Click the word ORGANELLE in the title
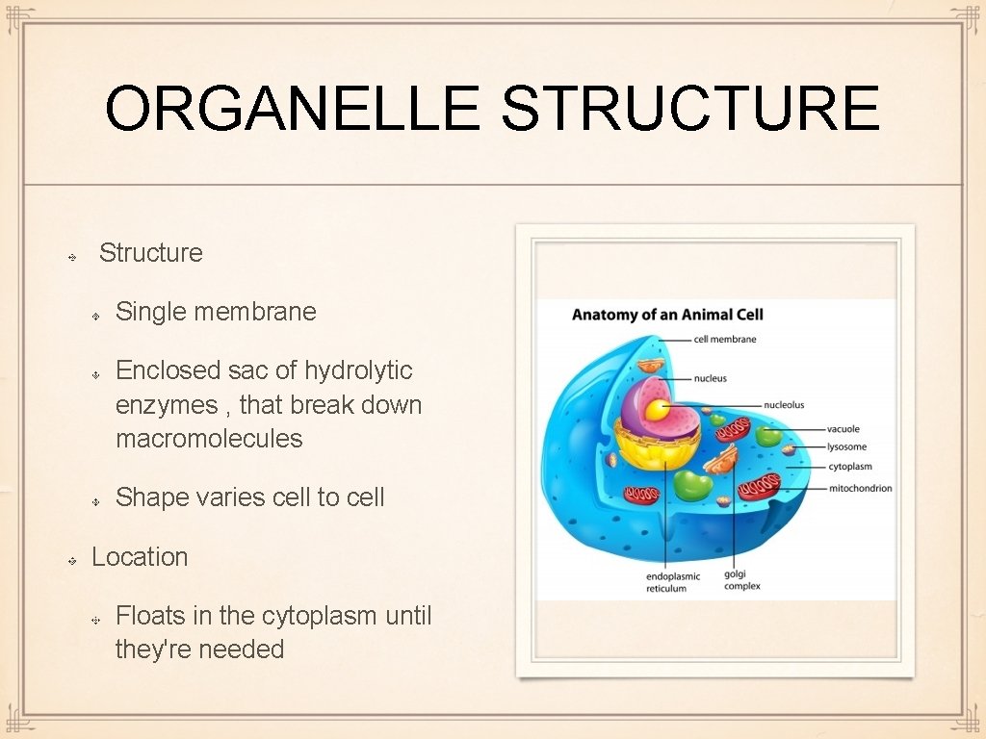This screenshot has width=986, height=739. click(292, 109)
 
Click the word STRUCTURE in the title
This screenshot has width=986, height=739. click(689, 109)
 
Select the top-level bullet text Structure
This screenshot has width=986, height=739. click(151, 253)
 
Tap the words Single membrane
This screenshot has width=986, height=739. click(216, 312)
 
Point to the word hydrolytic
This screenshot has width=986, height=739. click(358, 370)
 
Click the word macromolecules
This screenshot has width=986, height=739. click(209, 439)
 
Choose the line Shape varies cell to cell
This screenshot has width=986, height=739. click(249, 497)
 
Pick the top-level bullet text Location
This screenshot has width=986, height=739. click(140, 557)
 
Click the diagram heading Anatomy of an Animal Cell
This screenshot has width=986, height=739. click(667, 315)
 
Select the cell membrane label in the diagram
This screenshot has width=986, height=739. click(725, 339)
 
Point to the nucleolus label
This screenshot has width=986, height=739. click(784, 405)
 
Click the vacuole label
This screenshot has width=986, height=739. click(843, 429)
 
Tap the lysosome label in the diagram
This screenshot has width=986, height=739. click(846, 447)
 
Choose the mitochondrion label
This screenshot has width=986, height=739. click(860, 489)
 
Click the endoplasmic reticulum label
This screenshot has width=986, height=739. click(673, 582)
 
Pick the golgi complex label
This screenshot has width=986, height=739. click(741, 580)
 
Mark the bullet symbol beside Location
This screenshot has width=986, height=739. click(73, 559)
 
